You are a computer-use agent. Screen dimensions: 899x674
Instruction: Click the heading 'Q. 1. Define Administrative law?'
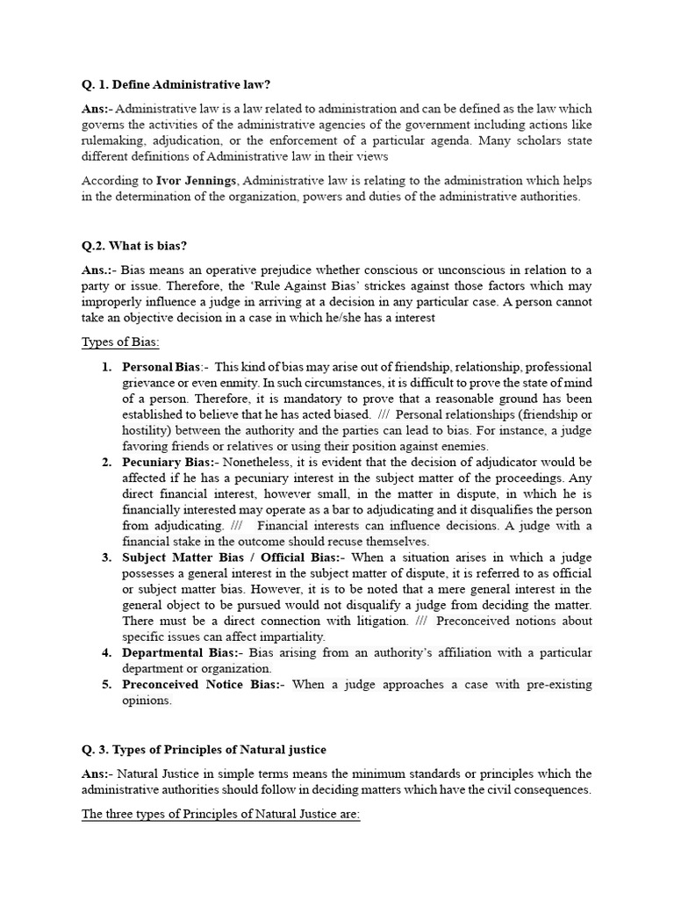pos(176,85)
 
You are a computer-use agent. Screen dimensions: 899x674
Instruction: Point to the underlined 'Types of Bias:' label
pos(120,342)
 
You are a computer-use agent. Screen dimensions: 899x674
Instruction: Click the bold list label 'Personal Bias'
pos(161,367)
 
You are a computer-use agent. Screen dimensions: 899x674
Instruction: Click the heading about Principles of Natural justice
pos(204,749)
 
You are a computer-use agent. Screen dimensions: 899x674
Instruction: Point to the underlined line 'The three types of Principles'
pos(220,814)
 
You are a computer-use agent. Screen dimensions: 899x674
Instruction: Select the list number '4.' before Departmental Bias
pos(106,652)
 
